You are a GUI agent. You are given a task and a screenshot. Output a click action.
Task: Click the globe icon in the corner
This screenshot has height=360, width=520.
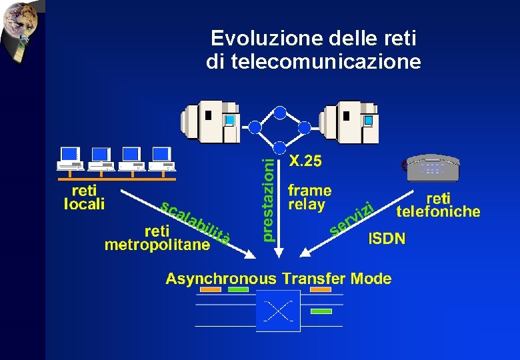coord(20,25)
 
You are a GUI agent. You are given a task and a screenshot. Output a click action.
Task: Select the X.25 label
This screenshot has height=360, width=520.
coord(305,161)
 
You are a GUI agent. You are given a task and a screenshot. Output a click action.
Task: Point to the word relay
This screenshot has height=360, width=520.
coord(306,205)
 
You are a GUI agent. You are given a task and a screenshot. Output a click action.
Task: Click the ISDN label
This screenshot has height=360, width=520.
coord(387,239)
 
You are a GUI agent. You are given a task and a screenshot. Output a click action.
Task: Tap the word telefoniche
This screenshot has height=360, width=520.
coord(438,212)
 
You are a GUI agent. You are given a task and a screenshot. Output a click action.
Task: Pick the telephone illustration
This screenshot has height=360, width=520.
coord(433,168)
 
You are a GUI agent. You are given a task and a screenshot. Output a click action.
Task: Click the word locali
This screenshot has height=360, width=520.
coord(84,204)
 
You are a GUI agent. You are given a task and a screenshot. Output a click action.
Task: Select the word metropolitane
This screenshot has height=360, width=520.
coord(157,245)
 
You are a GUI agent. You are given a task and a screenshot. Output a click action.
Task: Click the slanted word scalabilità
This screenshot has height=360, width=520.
coord(196,221)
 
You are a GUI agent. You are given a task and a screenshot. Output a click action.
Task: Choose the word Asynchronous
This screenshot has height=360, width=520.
coord(220,278)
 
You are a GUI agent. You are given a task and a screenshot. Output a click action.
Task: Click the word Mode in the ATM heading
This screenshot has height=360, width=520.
coord(371,278)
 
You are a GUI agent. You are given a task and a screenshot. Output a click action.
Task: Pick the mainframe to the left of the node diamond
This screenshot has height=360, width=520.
coord(209,120)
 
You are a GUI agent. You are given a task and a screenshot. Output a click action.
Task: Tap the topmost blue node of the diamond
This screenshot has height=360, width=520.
coord(280,112)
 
